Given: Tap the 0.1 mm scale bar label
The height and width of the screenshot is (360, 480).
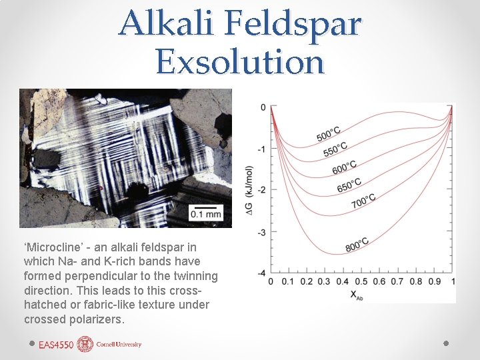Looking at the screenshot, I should [205, 214].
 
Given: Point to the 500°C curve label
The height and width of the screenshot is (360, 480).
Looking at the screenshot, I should [331, 132].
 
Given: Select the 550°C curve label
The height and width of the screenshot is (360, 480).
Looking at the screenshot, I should [335, 150].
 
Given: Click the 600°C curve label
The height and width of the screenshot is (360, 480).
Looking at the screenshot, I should [344, 167].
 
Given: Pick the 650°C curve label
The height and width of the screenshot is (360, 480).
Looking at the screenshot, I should [349, 184].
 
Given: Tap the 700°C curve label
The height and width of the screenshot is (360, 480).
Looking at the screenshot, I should [363, 201].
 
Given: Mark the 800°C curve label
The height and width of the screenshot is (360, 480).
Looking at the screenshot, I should [357, 245].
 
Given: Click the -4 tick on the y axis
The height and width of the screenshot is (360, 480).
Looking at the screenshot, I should [262, 273].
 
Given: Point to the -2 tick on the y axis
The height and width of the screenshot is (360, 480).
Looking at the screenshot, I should [262, 190].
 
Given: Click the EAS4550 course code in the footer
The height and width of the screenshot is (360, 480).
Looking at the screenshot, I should [56, 345].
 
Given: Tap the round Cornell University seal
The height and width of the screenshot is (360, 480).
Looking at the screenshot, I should [85, 345].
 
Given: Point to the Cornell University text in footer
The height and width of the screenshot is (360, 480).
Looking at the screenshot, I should [119, 345].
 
